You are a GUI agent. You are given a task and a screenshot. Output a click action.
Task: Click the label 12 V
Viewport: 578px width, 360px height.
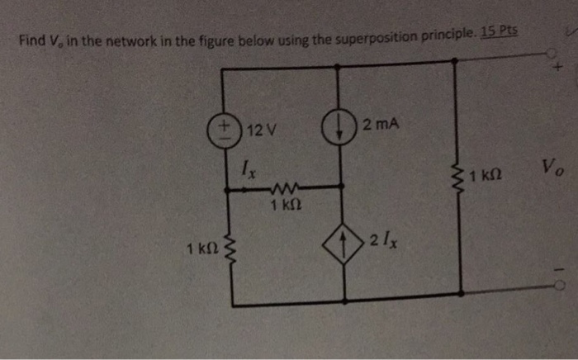click(x=262, y=130)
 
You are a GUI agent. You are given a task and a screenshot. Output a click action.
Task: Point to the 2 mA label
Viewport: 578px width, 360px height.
click(x=381, y=126)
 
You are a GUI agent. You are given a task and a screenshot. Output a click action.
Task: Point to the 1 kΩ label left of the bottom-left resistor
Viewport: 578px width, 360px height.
click(x=202, y=248)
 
